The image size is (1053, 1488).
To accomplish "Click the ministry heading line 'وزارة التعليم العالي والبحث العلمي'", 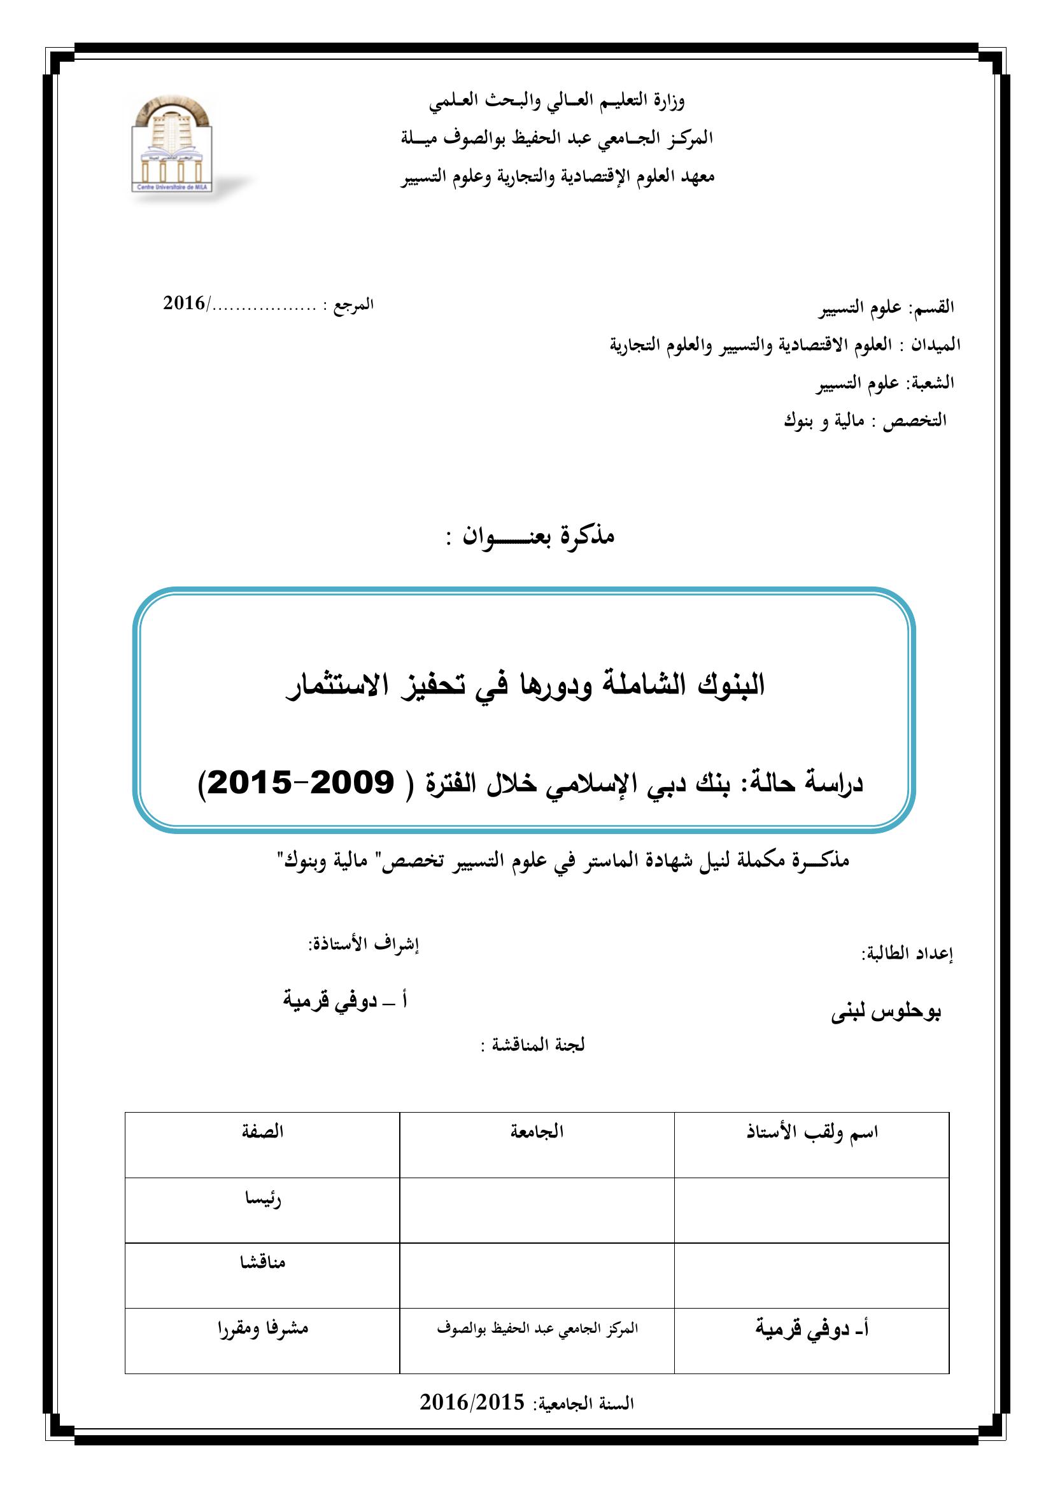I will point(556,101).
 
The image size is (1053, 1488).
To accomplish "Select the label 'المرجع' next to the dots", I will point(354,305).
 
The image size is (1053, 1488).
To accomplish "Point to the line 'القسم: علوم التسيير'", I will point(886,308).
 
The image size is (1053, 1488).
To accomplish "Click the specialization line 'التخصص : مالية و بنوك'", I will point(865,421).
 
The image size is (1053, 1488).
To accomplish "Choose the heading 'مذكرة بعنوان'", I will point(530,536).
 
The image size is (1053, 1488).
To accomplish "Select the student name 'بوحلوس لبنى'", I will point(886,1012).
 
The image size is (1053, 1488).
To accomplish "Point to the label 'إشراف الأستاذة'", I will point(364,945).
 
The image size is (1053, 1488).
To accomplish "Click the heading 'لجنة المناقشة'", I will point(533,1045).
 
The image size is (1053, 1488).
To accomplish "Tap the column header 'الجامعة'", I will point(537,1132).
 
